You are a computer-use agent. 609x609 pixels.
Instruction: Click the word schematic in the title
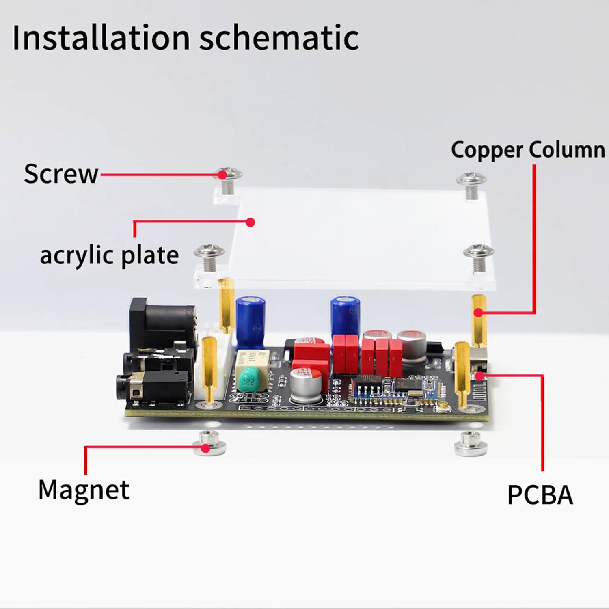coord(279,38)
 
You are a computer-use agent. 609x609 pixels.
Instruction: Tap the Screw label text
coord(61,174)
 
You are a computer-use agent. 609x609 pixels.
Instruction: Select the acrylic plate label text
coord(109,255)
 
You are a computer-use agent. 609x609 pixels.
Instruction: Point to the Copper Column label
coord(528,150)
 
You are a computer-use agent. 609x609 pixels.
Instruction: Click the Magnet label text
coord(84,489)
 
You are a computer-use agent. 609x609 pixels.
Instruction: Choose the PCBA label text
coord(540,494)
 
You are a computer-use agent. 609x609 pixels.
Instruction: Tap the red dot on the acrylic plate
coord(251,222)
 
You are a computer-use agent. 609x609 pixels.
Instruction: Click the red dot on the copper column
coord(479,313)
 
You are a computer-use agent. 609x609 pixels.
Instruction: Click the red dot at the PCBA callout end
coord(480,376)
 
